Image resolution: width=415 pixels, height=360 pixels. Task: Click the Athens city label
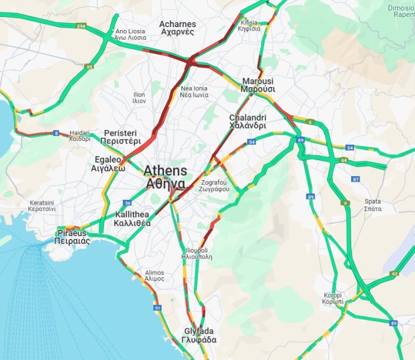pyautogui.click(x=165, y=177)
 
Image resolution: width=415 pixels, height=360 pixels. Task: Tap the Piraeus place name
pyautogui.click(x=72, y=237)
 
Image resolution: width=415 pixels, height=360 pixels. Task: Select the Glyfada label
pyautogui.click(x=199, y=336)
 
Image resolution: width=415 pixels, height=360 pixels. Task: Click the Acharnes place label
pyautogui.click(x=178, y=28)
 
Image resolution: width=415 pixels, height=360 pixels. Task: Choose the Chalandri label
pyautogui.click(x=247, y=122)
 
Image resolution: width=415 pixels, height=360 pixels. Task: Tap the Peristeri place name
pyautogui.click(x=120, y=137)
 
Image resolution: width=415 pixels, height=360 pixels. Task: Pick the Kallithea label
pyautogui.click(x=132, y=219)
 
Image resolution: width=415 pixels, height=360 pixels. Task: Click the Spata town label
pyautogui.click(x=373, y=205)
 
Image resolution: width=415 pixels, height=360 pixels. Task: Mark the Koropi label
pyautogui.click(x=333, y=298)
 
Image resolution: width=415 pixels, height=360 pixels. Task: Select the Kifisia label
pyautogui.click(x=249, y=25)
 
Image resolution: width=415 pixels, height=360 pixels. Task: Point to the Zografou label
pyautogui.click(x=215, y=186)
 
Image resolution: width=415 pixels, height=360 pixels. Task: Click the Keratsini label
pyautogui.click(x=42, y=205)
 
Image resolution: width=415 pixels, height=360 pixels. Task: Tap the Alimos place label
pyautogui.click(x=154, y=276)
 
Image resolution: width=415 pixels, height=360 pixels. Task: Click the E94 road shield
pyautogui.click(x=81, y=26)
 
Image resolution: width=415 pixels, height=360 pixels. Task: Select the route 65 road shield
pyautogui.click(x=89, y=67)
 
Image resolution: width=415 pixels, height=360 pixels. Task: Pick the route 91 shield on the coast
pyautogui.click(x=157, y=308)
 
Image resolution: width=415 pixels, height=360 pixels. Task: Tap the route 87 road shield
pyautogui.click(x=355, y=179)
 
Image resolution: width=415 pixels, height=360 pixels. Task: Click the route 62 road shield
pyautogui.click(x=395, y=274)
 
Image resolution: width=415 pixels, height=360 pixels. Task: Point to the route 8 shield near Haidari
pyautogui.click(x=55, y=134)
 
